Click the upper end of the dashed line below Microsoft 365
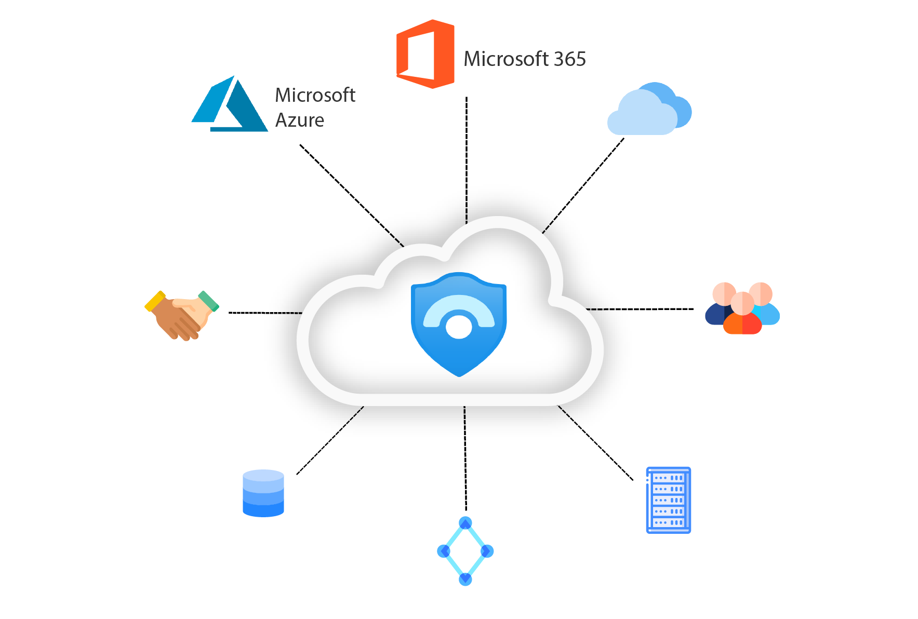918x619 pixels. (467, 97)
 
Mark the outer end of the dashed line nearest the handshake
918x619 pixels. (229, 313)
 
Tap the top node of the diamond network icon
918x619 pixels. (465, 523)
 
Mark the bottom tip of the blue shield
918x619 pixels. (459, 376)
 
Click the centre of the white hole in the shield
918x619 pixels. (459, 327)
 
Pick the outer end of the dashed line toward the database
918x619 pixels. (297, 474)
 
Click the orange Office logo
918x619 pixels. (425, 54)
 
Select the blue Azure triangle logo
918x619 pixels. (230, 104)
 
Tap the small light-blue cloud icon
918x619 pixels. (649, 109)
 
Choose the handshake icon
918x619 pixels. (182, 315)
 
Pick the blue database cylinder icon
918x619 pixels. (263, 493)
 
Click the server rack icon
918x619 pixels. (669, 500)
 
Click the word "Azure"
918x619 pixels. (300, 120)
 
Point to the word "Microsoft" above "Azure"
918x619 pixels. (315, 95)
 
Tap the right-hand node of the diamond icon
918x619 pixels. (487, 551)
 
